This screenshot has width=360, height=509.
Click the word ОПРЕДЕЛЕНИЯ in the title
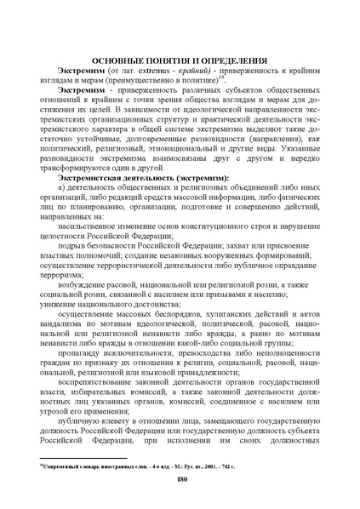point(228,61)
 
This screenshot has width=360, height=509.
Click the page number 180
point(180,481)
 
